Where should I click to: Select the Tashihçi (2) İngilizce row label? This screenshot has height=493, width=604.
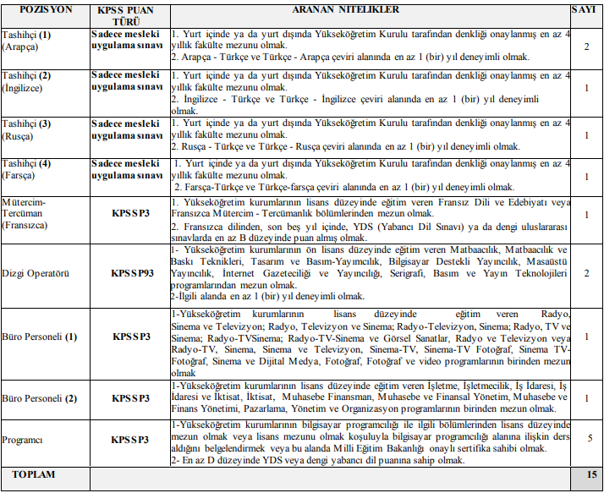(29, 81)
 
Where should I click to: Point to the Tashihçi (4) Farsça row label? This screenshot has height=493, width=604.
(27, 169)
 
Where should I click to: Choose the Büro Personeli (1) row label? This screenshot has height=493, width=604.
(40, 337)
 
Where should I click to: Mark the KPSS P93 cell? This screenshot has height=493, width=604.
(130, 274)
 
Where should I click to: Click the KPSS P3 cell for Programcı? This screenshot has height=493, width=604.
(130, 440)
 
